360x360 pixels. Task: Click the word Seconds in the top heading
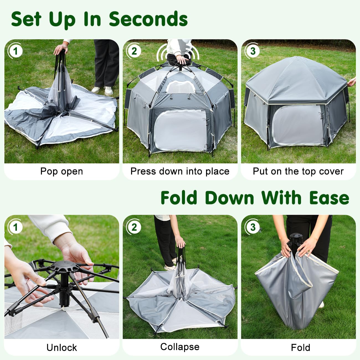148,19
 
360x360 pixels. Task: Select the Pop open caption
61,171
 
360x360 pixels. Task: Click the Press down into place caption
180,171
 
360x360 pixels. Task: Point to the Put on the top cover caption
298,171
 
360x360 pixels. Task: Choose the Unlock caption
61,348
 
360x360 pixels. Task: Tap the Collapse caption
180,347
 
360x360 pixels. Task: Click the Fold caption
300,348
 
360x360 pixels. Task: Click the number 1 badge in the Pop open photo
15,51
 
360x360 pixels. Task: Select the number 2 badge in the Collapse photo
134,227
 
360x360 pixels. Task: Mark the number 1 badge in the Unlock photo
15,227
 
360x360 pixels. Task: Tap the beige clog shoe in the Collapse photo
169,267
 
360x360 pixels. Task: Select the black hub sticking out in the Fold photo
294,240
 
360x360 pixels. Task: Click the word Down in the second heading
229,198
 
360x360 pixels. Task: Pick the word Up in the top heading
62,19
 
